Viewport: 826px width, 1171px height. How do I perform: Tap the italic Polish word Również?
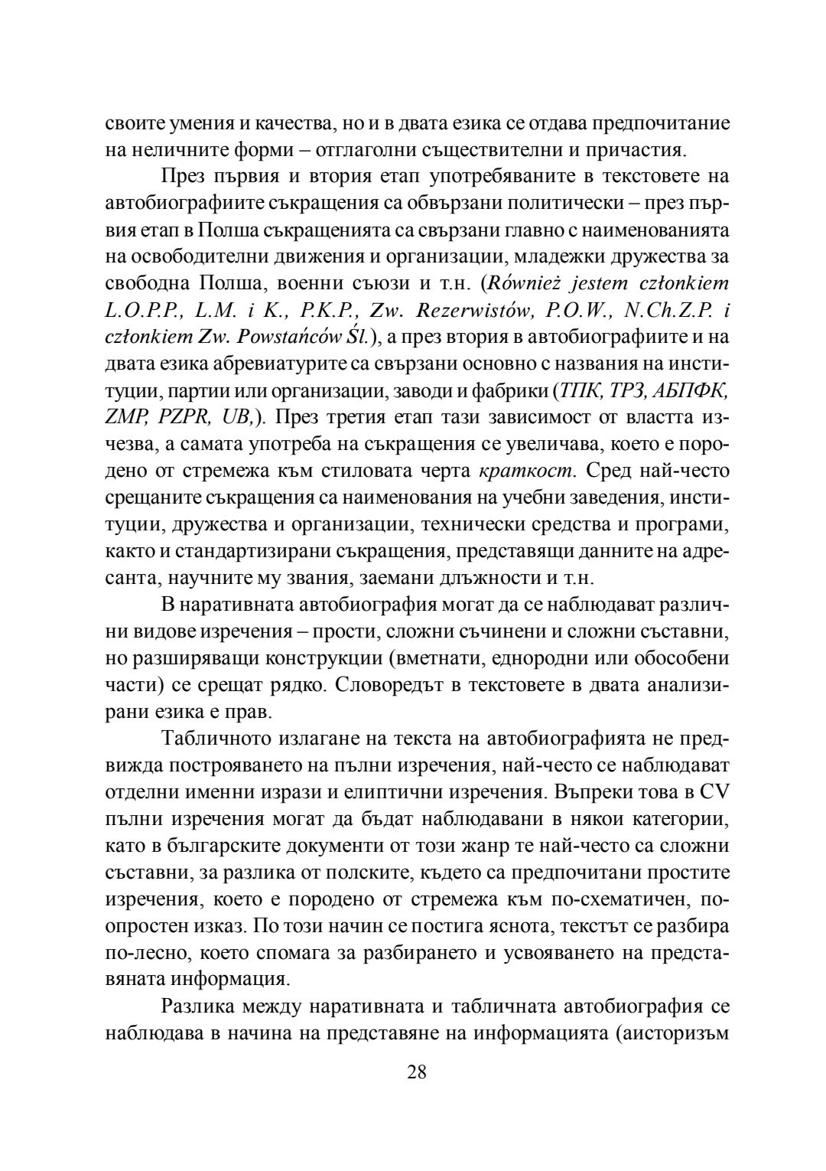tap(531, 284)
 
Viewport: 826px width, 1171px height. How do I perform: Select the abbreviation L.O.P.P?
tap(141, 310)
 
